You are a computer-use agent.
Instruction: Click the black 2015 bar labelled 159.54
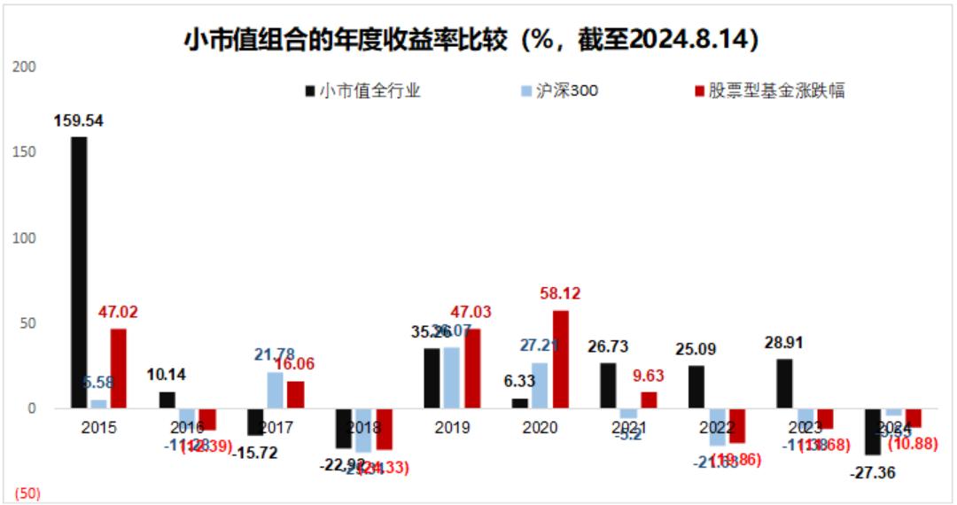tap(79, 272)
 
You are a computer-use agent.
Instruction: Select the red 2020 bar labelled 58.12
tap(561, 359)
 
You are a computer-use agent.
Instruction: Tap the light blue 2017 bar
tap(276, 390)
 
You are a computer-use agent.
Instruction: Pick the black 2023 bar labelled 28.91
tap(784, 384)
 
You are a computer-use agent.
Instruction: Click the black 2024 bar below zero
tap(873, 431)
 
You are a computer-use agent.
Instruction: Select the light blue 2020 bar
tap(540, 385)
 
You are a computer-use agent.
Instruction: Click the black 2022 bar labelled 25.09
tap(696, 387)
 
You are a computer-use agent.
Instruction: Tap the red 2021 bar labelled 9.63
tap(649, 400)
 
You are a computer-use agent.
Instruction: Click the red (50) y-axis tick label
tap(27, 493)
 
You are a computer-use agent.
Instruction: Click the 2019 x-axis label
tap(452, 427)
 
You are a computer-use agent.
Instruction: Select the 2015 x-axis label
tap(99, 427)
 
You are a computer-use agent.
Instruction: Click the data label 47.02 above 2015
tap(118, 313)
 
